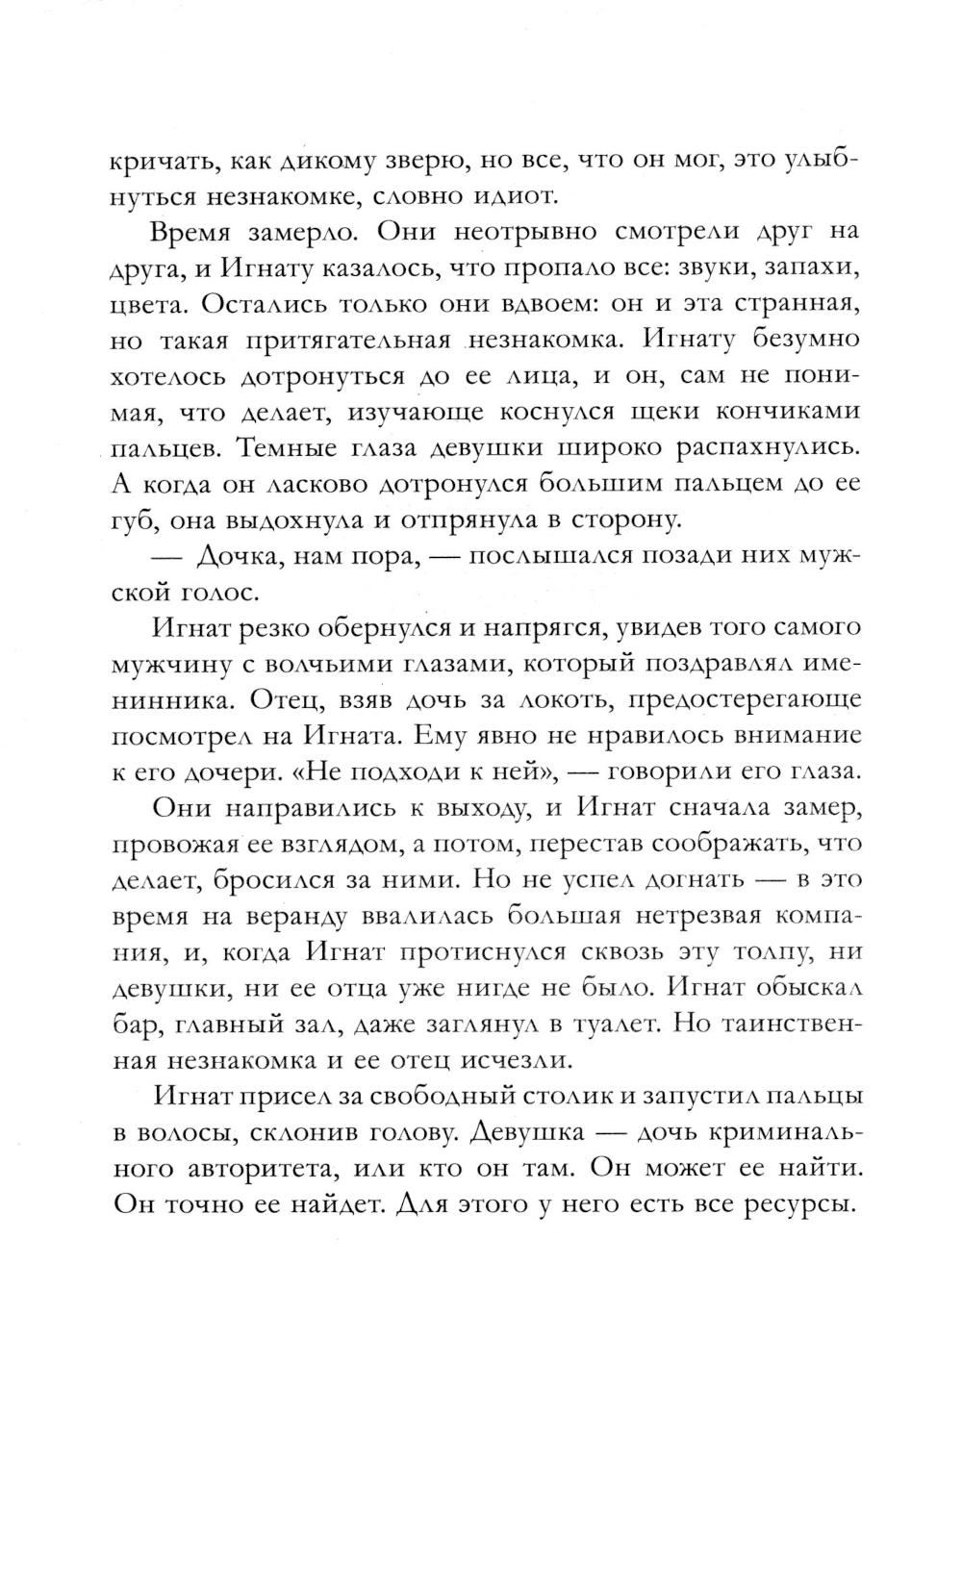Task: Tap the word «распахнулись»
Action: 751,448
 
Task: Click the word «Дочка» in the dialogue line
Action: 237,556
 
